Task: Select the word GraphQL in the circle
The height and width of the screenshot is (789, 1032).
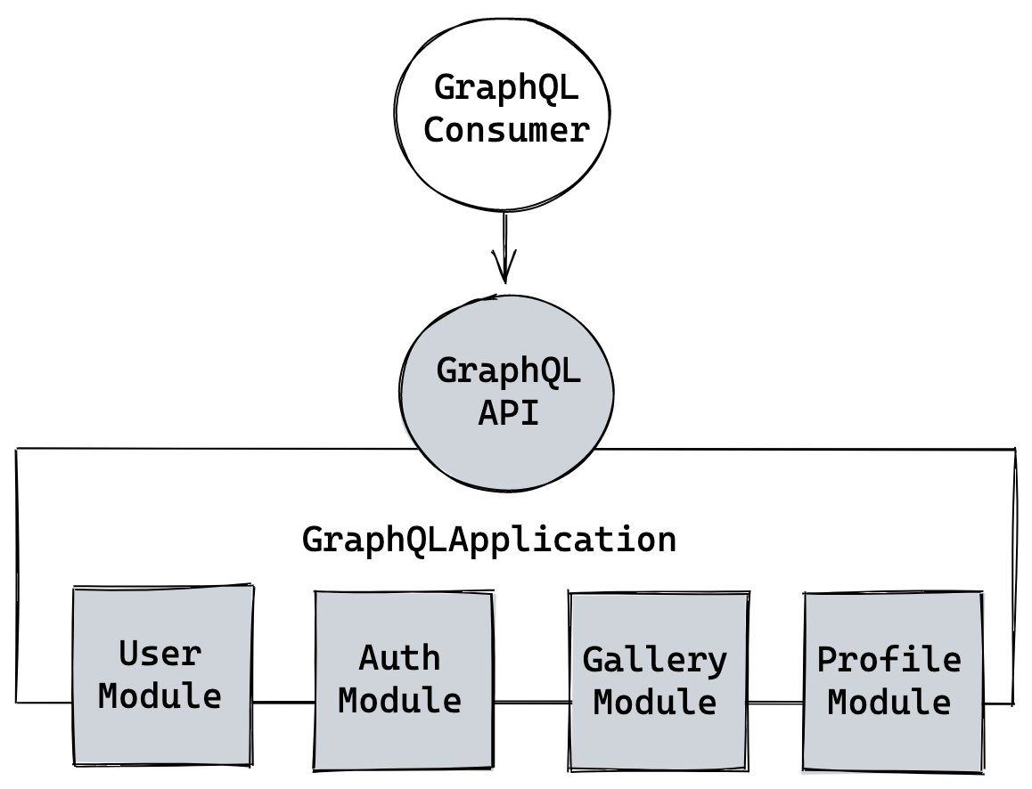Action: [508, 370]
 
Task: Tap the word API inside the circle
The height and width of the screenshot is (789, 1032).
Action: [508, 413]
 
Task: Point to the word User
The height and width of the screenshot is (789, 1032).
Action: [160, 655]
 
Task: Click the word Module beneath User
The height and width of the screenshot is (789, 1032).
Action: [160, 696]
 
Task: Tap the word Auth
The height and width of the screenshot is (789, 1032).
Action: [399, 659]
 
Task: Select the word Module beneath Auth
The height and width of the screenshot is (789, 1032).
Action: [399, 701]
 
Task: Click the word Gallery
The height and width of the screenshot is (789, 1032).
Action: [655, 661]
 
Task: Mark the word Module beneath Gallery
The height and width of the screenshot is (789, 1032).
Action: [655, 703]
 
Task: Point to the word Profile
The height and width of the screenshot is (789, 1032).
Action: [889, 661]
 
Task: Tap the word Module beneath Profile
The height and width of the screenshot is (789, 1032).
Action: [889, 703]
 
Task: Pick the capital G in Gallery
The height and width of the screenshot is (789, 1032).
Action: [594, 661]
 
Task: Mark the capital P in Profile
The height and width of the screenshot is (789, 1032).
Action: [828, 661]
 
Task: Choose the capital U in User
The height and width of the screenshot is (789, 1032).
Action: [129, 655]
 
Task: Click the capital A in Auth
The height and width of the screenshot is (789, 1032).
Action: [369, 659]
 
